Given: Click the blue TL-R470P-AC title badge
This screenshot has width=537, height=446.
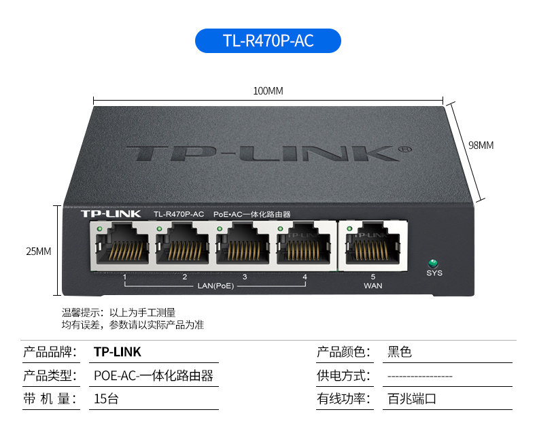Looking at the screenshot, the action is pyautogui.click(x=268, y=41).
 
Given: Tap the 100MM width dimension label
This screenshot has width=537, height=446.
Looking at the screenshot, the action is pyautogui.click(x=268, y=91).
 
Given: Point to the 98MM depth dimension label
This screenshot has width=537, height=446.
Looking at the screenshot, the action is pyautogui.click(x=481, y=145).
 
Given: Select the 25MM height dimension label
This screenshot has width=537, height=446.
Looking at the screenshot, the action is pyautogui.click(x=39, y=252).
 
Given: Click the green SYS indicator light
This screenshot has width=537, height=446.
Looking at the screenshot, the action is pyautogui.click(x=433, y=263).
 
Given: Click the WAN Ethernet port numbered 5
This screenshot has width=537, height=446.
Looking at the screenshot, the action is pyautogui.click(x=373, y=246).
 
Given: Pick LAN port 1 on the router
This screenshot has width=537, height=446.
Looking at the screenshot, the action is pyautogui.click(x=122, y=246).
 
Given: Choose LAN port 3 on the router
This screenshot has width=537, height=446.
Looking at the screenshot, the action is pyautogui.click(x=243, y=246).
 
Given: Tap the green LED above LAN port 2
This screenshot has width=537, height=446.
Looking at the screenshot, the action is pyautogui.click(x=159, y=228).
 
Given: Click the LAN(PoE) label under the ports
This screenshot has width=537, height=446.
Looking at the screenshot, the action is pyautogui.click(x=215, y=286).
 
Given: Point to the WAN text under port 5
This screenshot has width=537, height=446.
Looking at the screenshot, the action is pyautogui.click(x=373, y=286).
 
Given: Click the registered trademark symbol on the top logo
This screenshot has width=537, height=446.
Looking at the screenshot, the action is pyautogui.click(x=406, y=150).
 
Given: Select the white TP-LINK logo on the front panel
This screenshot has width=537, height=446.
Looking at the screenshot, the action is pyautogui.click(x=111, y=214).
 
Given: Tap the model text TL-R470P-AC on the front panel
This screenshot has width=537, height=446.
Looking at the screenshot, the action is pyautogui.click(x=179, y=214).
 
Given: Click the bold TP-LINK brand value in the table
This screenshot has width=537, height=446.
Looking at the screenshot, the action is pyautogui.click(x=118, y=351).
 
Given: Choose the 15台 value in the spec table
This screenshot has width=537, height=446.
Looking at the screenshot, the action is pyautogui.click(x=106, y=398).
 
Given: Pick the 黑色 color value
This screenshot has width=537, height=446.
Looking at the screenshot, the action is pyautogui.click(x=399, y=351).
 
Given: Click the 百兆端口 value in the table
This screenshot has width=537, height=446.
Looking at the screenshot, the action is pyautogui.click(x=412, y=398).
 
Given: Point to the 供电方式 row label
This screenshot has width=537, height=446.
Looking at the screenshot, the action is pyautogui.click(x=343, y=375).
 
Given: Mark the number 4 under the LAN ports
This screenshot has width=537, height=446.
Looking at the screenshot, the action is pyautogui.click(x=305, y=277).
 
